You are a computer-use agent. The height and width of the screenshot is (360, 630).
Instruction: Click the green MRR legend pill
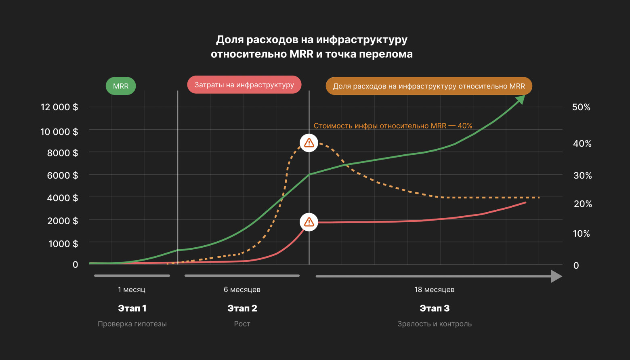(121, 86)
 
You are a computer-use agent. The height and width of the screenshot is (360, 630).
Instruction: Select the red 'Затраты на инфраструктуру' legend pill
(244, 85)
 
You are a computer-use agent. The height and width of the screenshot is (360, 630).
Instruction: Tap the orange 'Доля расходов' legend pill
(429, 86)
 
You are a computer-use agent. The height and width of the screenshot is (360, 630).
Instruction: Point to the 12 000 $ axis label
(59, 107)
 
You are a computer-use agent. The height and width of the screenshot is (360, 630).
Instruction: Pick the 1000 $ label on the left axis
(63, 244)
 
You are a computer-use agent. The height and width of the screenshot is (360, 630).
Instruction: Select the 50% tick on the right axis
(581, 107)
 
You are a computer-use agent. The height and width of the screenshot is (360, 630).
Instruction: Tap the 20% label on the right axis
(583, 204)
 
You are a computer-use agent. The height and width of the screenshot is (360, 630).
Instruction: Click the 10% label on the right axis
(581, 234)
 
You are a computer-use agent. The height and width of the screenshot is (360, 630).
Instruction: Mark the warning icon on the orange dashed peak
(309, 143)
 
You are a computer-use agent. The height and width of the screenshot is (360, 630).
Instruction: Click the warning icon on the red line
(309, 222)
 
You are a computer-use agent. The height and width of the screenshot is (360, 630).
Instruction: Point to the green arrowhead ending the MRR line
(521, 99)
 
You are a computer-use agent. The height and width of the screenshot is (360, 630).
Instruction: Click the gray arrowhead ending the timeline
(556, 276)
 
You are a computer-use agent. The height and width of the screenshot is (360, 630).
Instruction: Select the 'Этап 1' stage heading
(132, 308)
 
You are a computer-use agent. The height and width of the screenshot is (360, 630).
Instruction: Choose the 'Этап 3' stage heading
(435, 308)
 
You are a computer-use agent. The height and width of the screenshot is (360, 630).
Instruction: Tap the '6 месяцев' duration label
(242, 290)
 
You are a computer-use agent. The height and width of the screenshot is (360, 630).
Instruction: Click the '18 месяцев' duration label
(435, 290)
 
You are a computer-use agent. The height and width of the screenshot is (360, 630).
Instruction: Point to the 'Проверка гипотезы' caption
(132, 324)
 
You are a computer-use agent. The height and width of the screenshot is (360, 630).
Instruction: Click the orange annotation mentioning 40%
(393, 126)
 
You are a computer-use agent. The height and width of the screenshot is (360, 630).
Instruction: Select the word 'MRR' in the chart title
(301, 54)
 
